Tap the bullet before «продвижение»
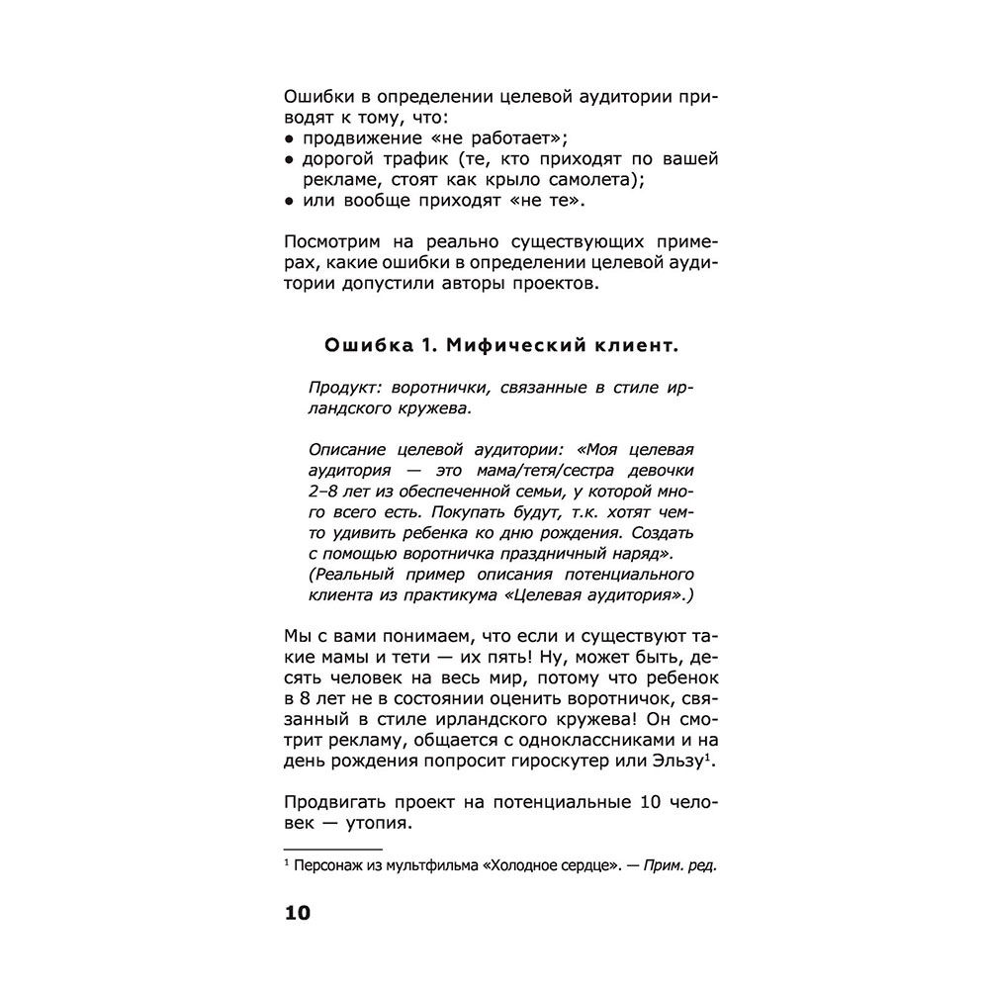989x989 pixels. (x=288, y=137)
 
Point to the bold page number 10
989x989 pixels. (x=297, y=912)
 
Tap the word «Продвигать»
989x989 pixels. (x=335, y=802)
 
